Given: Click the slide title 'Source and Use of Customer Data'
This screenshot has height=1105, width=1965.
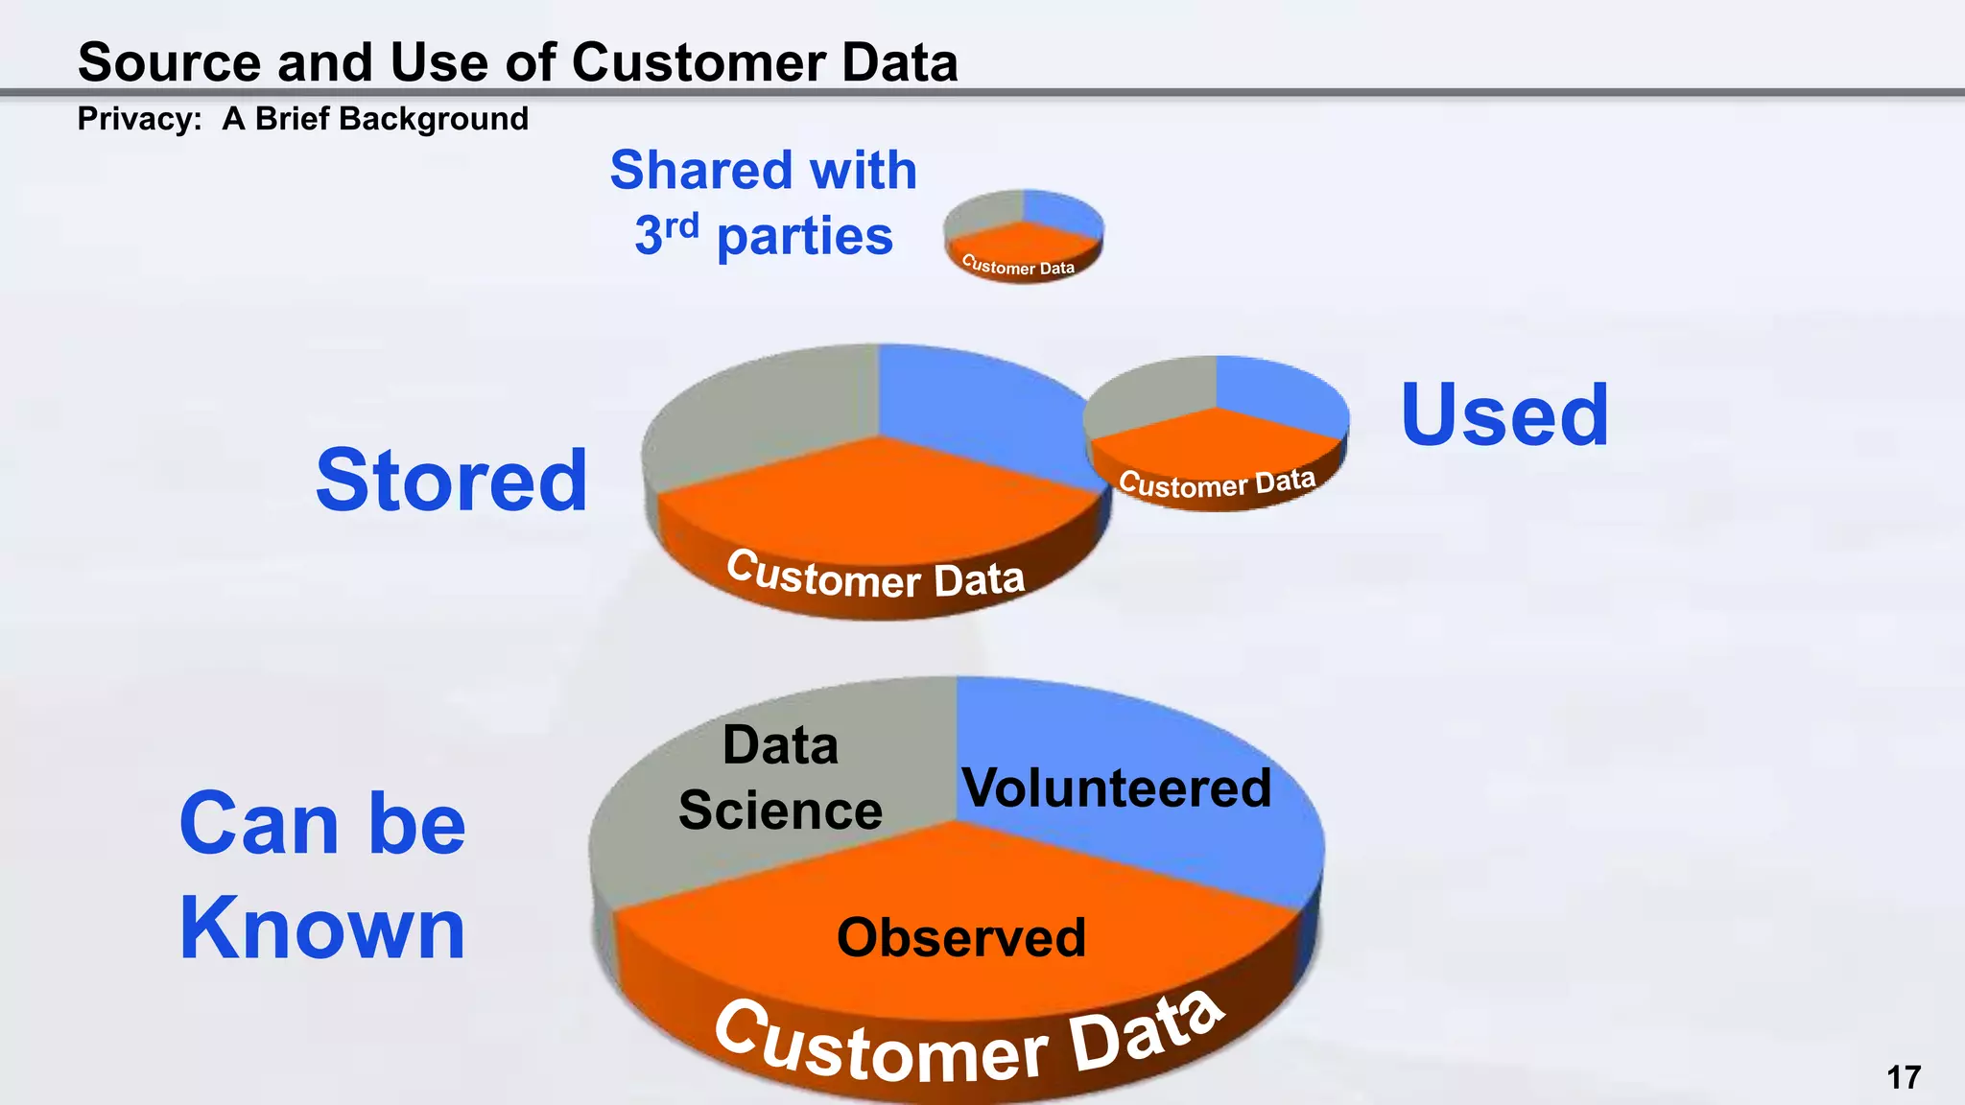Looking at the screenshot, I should pos(518,62).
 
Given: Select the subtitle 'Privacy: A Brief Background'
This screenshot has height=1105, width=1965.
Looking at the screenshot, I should pos(302,119).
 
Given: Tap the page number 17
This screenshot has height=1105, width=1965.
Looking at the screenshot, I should pos(1904,1077).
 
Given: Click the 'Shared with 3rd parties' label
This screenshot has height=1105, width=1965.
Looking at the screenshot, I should pos(764,202).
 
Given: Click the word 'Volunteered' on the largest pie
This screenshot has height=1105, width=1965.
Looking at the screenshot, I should pos(1117,788).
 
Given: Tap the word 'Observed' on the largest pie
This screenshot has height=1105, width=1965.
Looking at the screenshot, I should pos(961,937).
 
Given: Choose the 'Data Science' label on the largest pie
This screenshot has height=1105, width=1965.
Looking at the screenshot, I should pos(780,778).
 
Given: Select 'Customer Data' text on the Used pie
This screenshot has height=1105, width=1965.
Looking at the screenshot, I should pos(1217,483).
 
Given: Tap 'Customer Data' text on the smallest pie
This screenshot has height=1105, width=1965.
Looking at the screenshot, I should pos(1018,267).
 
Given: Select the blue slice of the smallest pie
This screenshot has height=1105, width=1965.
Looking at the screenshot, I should pos(1060,211).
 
